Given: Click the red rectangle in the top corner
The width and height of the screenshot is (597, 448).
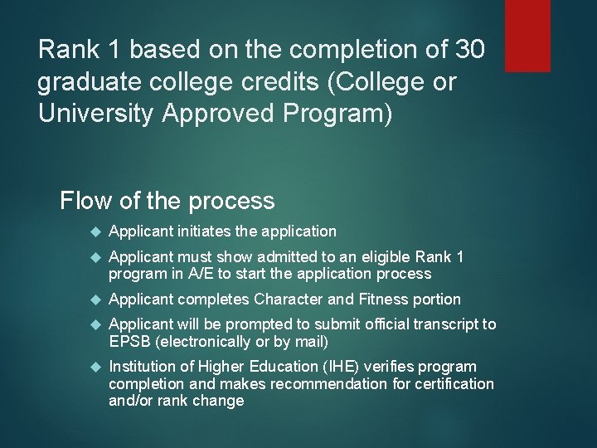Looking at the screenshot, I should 527,36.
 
